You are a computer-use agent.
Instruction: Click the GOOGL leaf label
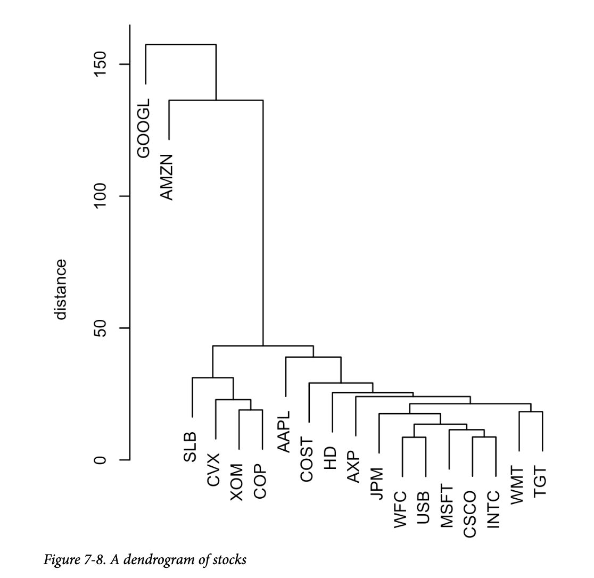[x=144, y=128]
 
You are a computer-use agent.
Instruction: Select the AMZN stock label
[x=167, y=177]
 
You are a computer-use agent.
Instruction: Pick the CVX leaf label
[x=213, y=470]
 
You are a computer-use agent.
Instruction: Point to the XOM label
[x=237, y=482]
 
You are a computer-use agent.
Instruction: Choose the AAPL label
[x=284, y=432]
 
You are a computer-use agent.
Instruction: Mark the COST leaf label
[x=307, y=460]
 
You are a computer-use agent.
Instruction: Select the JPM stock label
[x=377, y=483]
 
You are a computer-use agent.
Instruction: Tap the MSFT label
[x=447, y=506]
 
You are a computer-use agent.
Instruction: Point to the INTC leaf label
[x=493, y=509]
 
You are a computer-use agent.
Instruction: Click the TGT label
[x=540, y=482]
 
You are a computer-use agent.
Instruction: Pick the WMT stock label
[x=517, y=485]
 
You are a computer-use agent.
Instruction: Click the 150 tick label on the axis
[x=100, y=64]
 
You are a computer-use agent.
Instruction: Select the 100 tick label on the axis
[x=100, y=196]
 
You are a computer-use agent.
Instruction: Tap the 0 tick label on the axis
[x=100, y=460]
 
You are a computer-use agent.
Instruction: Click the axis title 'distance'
[x=61, y=290]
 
